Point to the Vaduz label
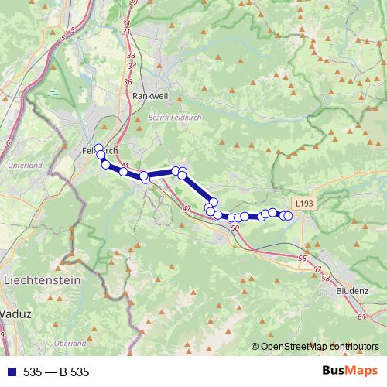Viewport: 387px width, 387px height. pyautogui.click(x=15, y=314)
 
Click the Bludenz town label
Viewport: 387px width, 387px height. pyautogui.click(x=353, y=291)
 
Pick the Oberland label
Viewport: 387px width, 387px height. pyautogui.click(x=70, y=343)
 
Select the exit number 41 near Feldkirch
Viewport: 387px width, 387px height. pyautogui.click(x=125, y=165)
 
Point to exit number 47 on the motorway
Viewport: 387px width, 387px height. pyautogui.click(x=187, y=208)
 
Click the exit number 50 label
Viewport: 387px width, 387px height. pyautogui.click(x=235, y=228)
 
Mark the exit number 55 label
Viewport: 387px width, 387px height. pyautogui.click(x=302, y=259)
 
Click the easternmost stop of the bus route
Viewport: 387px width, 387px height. pyautogui.click(x=289, y=215)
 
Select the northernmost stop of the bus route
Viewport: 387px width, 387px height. pyautogui.click(x=98, y=147)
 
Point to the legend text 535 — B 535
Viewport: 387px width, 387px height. pyautogui.click(x=56, y=372)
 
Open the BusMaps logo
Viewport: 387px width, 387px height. pyautogui.click(x=346, y=372)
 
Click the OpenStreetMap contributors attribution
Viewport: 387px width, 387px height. pyautogui.click(x=319, y=347)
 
